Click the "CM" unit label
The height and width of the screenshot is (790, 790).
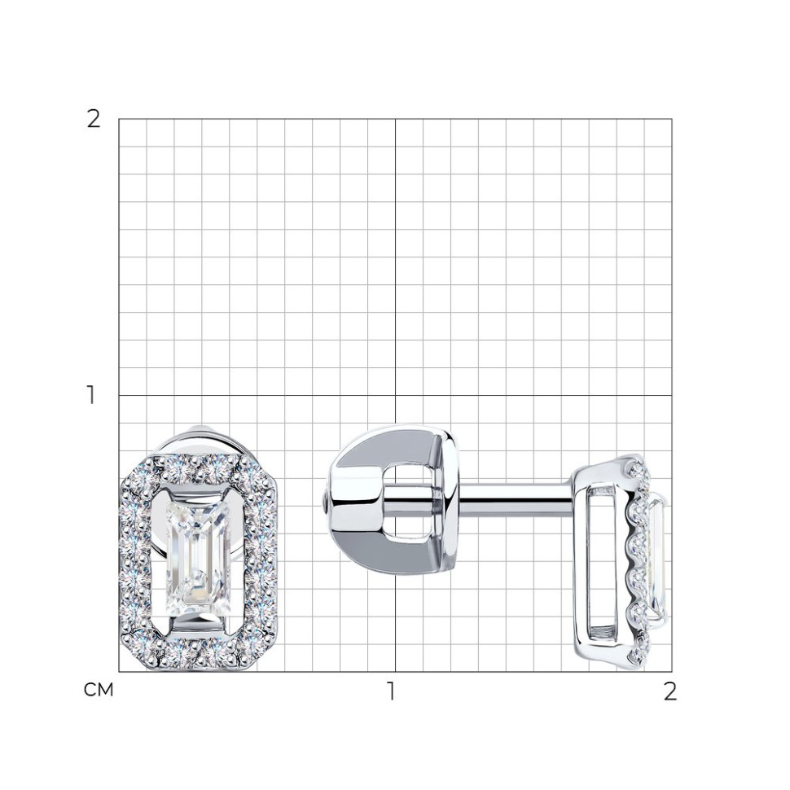coord(99,690)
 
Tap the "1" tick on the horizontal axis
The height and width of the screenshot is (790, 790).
coord(391,691)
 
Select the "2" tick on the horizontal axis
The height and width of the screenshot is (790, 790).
coord(669,691)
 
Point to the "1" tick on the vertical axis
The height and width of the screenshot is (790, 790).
coord(90,395)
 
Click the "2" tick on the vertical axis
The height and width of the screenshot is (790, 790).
coord(94,120)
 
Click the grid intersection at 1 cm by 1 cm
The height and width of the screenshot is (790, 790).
coord(395,396)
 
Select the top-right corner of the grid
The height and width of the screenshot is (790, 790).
coord(672,120)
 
